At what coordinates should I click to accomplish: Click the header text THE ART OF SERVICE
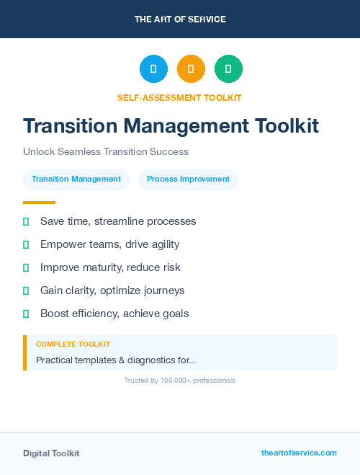coord(180,19)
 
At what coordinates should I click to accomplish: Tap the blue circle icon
coord(153,69)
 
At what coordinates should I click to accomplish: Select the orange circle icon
coord(191,69)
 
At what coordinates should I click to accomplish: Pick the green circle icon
coord(228,69)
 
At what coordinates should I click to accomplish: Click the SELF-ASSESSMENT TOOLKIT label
coord(179,97)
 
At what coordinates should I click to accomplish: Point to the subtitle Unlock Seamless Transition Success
coord(106,152)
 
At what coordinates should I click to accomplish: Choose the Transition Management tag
coord(76,179)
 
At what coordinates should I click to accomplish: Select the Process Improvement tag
coord(188,179)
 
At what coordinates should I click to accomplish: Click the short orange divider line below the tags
coord(39,203)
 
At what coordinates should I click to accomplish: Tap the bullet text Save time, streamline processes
coord(118,221)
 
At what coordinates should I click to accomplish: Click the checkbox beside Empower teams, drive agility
coord(26,244)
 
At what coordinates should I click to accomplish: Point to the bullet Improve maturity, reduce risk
coord(110,267)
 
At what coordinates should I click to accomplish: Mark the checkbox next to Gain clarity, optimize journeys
coord(26,290)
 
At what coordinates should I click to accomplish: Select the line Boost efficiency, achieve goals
coord(114,314)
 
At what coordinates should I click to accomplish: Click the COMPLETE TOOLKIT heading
coord(73,345)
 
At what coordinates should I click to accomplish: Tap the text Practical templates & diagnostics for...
coord(116,360)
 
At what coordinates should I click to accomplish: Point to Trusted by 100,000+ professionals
coord(180,380)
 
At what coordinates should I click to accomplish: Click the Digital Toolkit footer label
coord(51,453)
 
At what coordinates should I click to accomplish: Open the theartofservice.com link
coord(299,453)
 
